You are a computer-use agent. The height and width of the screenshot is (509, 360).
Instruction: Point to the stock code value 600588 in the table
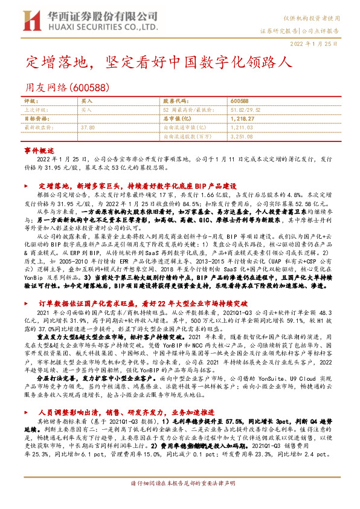click(240, 100)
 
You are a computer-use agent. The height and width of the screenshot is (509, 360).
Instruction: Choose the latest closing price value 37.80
click(88, 128)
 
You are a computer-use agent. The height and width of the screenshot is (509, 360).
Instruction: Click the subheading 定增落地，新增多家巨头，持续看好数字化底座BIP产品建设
click(137, 187)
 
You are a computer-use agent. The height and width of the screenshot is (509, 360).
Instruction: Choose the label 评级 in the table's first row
click(30, 100)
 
